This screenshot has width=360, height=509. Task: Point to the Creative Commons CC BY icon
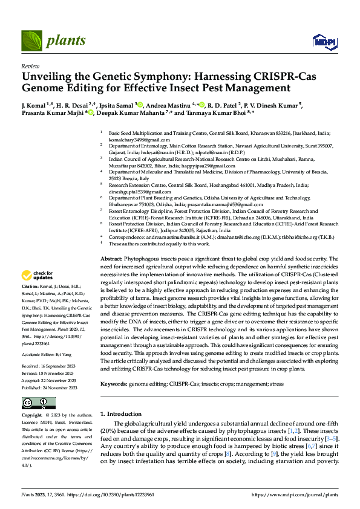(38, 403)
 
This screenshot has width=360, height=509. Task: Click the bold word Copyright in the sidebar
(32, 416)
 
